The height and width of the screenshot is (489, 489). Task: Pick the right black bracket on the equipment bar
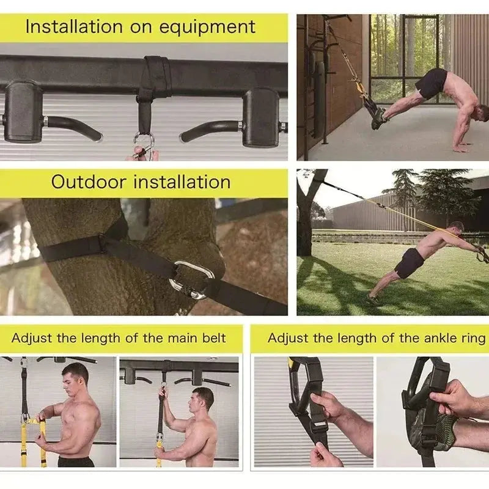click(261, 116)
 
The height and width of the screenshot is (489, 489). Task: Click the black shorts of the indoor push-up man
click(433, 83)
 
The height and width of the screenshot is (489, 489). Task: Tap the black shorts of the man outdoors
click(409, 263)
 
